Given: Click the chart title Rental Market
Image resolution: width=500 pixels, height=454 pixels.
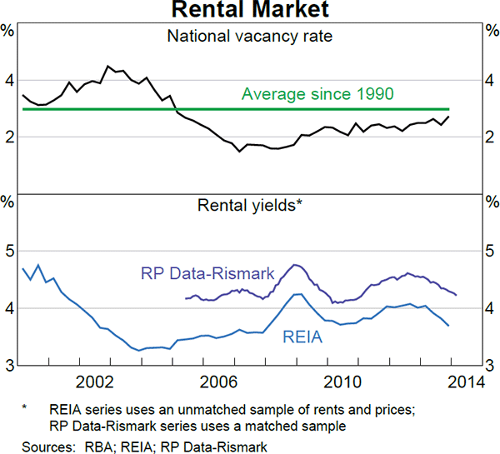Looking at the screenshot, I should [249, 10].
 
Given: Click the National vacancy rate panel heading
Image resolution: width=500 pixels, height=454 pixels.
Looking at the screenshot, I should [249, 36].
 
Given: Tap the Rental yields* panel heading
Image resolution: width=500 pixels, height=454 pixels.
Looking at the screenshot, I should [249, 204].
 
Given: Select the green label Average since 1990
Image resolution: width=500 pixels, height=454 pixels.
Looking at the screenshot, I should [317, 94].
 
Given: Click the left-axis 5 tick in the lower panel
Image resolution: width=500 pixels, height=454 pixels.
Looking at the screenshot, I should [9, 251].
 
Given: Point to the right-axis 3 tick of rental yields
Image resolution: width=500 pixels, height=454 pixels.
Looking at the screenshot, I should [490, 365].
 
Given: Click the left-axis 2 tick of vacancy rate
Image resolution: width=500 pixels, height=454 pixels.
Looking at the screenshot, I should [9, 137].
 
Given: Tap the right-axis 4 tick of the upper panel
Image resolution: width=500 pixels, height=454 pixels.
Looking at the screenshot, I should [490, 81].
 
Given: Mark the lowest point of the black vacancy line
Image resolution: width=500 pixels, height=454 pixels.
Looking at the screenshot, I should [239, 152].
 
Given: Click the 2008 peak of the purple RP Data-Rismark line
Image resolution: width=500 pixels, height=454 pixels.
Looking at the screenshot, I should [295, 265].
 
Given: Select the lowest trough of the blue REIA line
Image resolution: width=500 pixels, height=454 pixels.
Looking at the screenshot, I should [139, 351].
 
